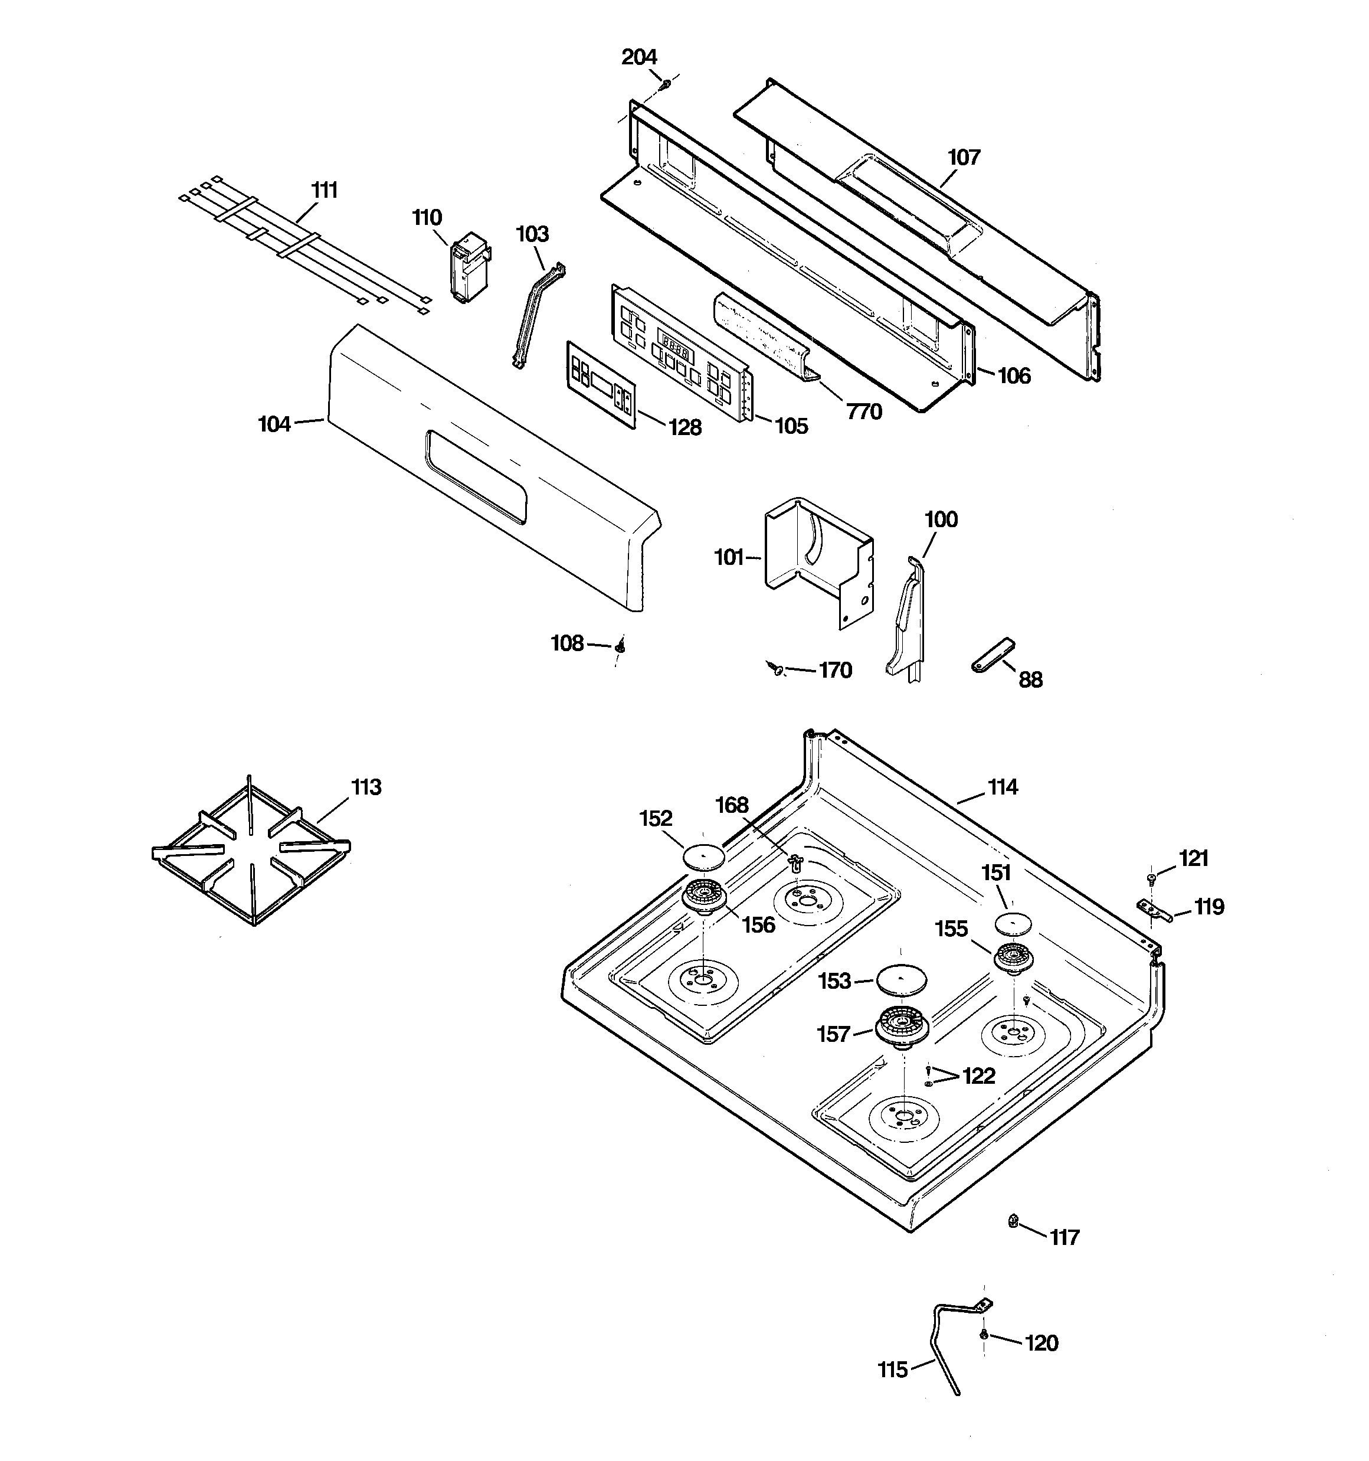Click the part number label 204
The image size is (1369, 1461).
[x=638, y=57]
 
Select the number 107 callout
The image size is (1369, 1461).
[x=964, y=157]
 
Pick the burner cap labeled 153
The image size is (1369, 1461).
[x=902, y=980]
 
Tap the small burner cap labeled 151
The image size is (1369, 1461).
[x=1013, y=924]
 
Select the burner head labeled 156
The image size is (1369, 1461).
[x=704, y=897]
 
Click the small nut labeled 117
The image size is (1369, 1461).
[x=1013, y=1221]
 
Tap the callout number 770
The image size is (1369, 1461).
[x=864, y=411]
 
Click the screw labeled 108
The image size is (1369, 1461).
[x=621, y=646]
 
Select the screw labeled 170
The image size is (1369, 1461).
[x=776, y=668]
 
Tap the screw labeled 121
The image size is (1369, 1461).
[x=1151, y=878]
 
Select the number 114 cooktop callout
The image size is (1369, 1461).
[x=1003, y=787]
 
